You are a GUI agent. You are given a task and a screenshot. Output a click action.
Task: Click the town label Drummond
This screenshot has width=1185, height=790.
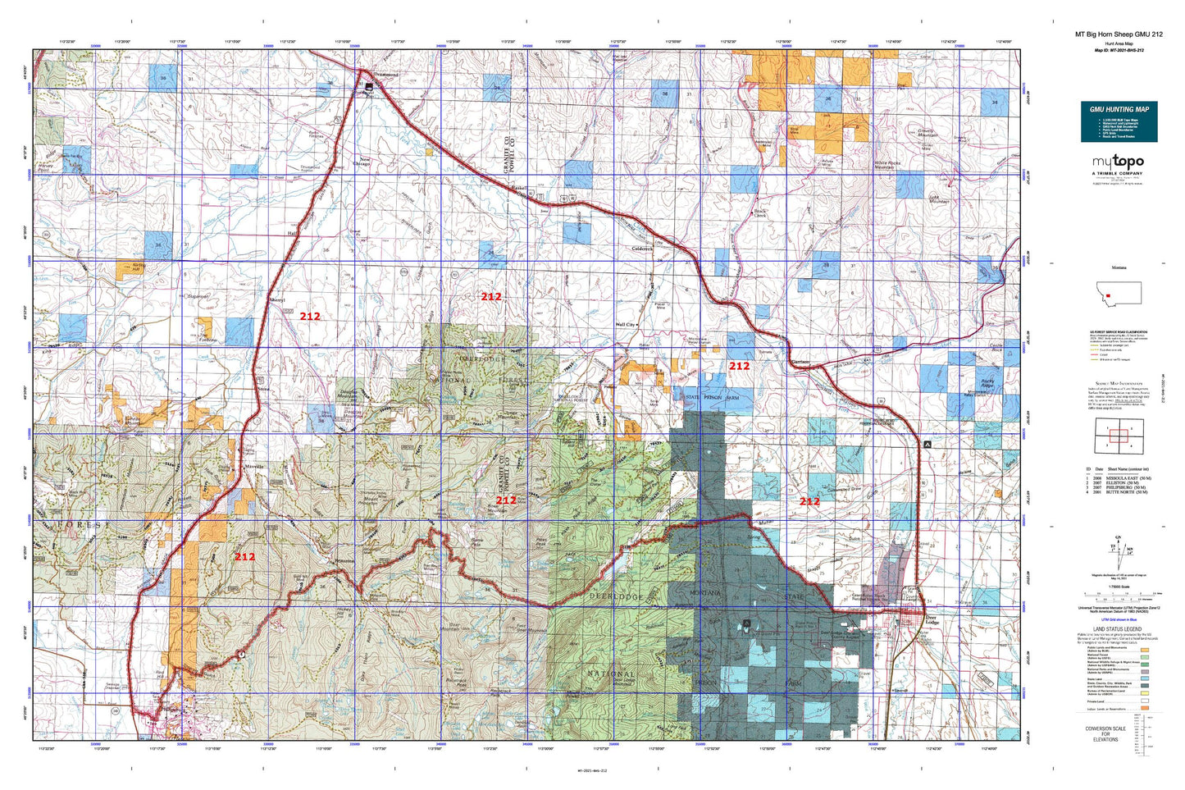click(385, 75)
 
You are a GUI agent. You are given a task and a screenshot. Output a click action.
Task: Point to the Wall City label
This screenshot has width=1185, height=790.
click(626, 325)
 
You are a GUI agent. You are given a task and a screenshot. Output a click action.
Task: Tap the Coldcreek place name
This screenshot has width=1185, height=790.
click(641, 249)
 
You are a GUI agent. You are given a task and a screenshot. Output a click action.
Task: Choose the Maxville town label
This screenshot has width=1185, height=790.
click(255, 465)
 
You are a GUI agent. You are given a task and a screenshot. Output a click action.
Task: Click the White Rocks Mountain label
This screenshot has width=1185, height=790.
click(886, 165)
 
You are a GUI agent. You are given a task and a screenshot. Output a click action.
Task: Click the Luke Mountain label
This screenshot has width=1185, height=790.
click(939, 199)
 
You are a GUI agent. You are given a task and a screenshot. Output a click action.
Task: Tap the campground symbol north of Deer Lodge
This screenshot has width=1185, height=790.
click(927, 444)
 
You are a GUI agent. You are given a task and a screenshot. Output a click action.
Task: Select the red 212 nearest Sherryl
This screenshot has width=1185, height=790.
click(310, 316)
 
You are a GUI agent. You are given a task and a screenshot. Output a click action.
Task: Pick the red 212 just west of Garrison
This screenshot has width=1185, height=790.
click(739, 366)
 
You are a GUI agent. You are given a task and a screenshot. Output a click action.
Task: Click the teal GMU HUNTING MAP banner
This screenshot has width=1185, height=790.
click(1119, 109)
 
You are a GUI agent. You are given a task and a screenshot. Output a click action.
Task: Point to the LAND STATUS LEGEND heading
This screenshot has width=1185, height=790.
click(1119, 629)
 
